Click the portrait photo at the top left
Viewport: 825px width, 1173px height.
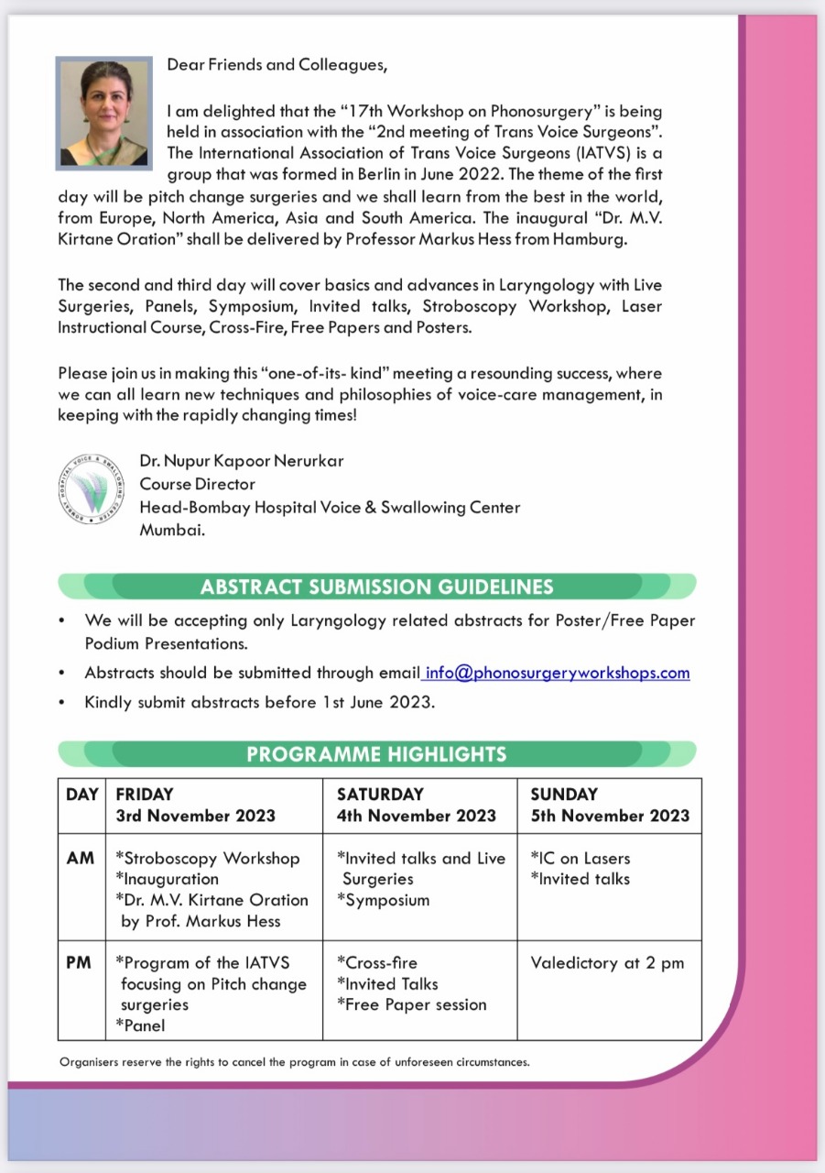(103, 113)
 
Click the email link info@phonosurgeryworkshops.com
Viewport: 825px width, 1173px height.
(558, 673)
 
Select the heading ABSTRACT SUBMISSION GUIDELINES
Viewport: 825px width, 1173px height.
(376, 586)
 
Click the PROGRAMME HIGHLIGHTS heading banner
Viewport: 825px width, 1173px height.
(376, 754)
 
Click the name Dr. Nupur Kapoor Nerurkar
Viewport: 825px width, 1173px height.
(242, 461)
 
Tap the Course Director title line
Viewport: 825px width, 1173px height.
(198, 484)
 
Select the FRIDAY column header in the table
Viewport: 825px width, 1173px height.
(195, 805)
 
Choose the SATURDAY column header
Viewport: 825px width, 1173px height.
(416, 805)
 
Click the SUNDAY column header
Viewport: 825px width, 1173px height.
(610, 805)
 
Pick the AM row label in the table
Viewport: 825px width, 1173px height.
(81, 859)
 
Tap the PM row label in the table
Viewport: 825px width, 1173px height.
(80, 963)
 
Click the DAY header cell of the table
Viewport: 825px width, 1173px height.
(81, 795)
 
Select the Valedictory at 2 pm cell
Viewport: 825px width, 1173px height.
(607, 963)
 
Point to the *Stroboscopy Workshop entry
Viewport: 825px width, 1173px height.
(208, 859)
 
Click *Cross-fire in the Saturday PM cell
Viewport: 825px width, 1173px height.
(377, 963)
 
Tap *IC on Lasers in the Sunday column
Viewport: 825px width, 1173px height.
(581, 859)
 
